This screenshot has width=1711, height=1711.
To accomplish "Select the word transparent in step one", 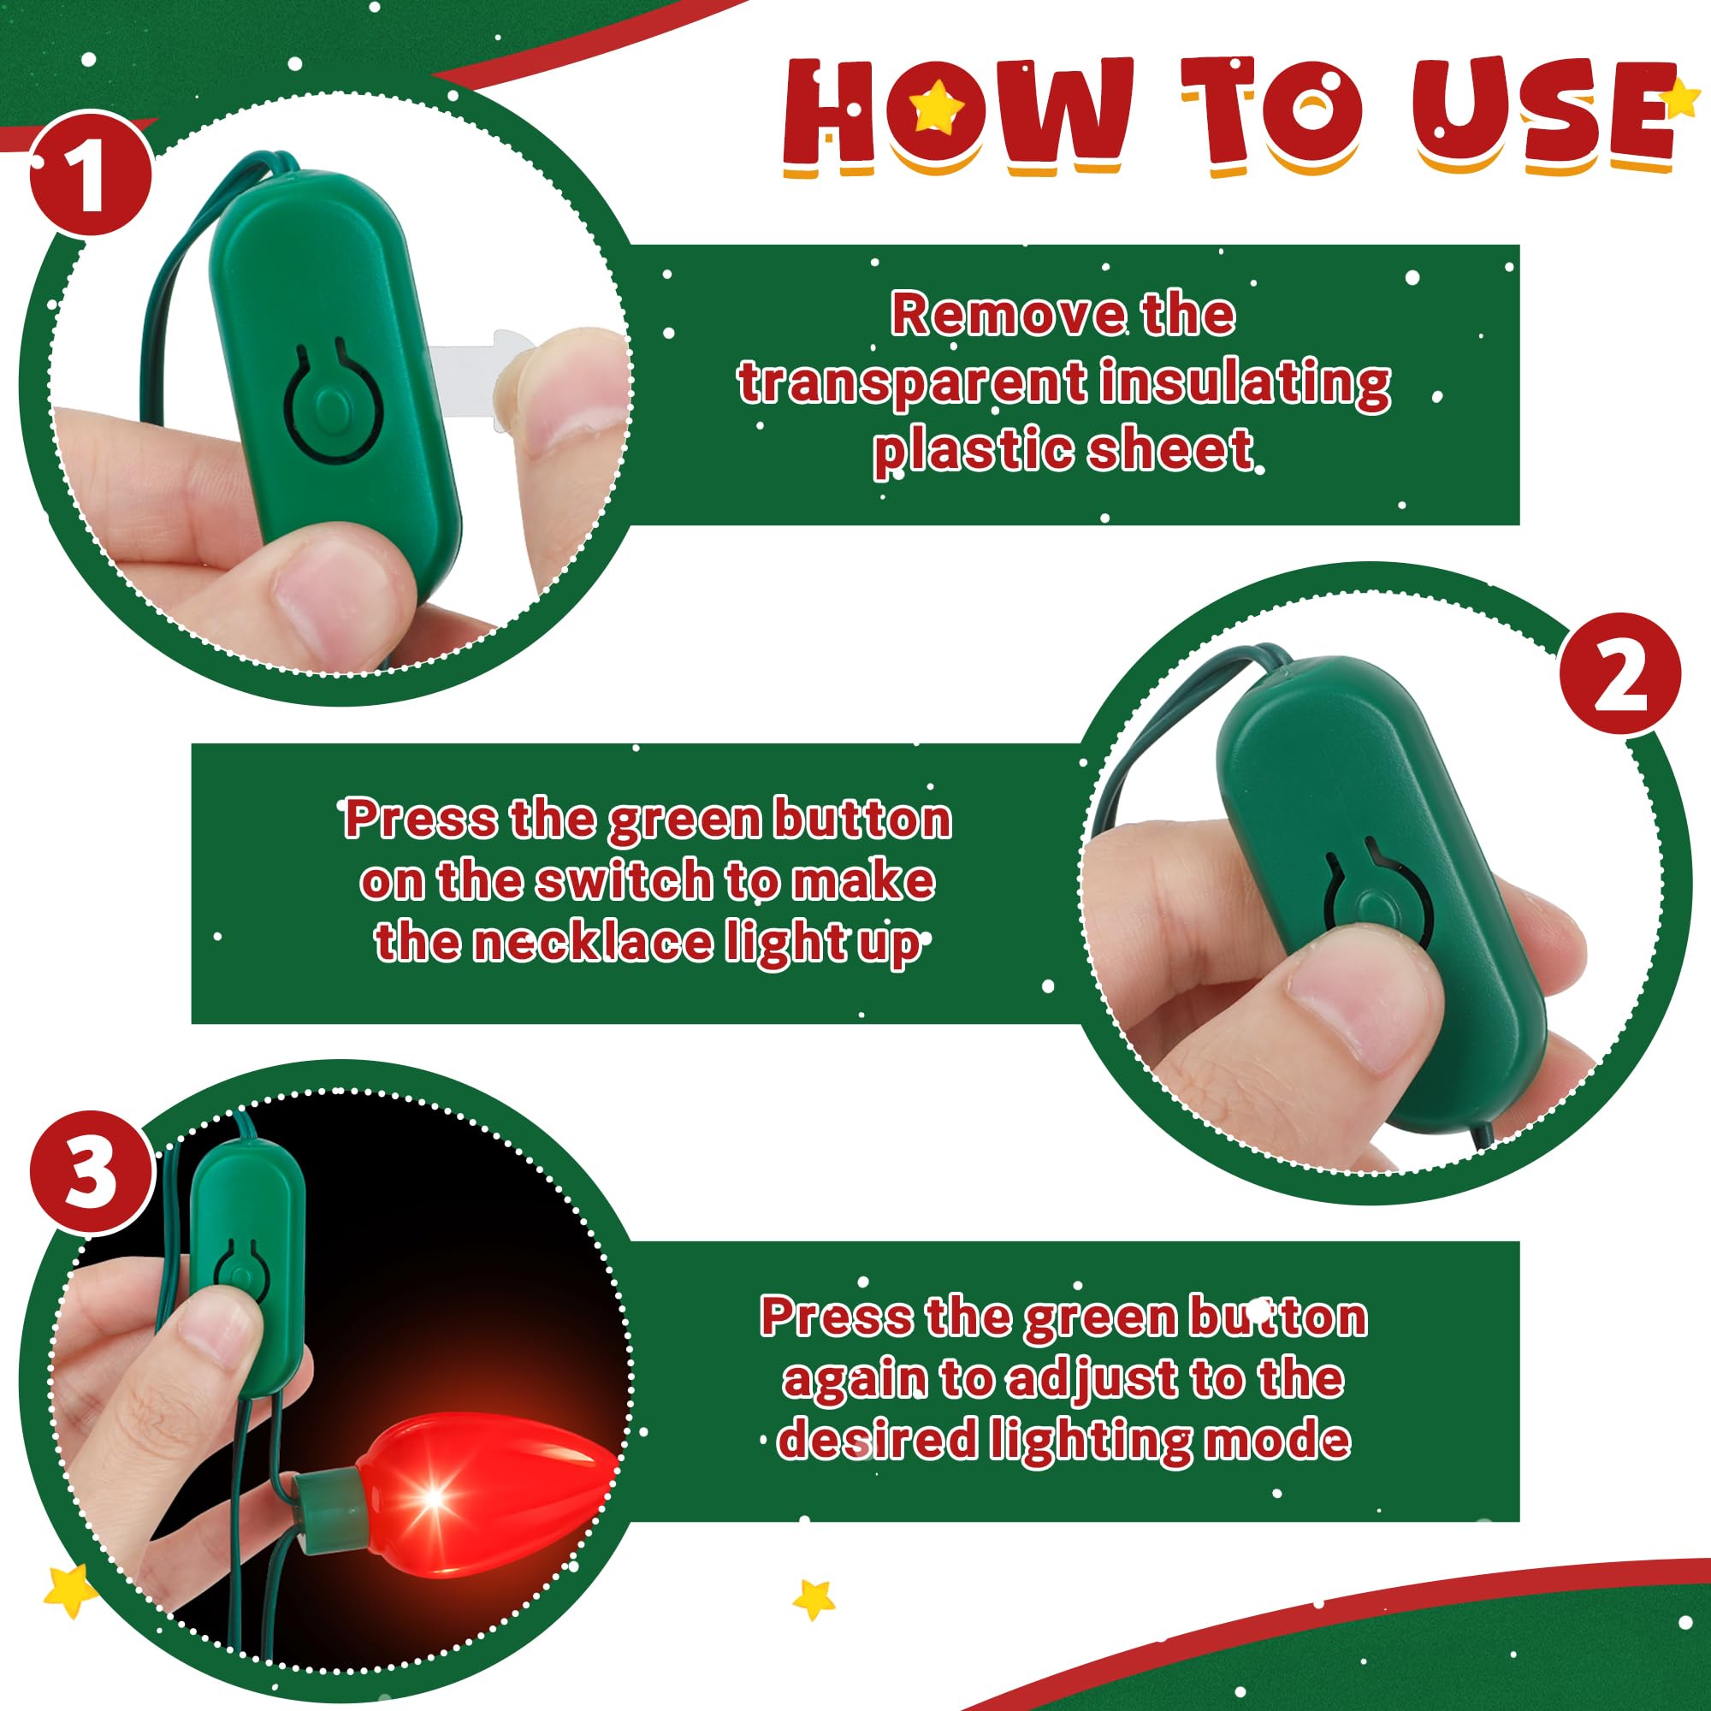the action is point(911,383).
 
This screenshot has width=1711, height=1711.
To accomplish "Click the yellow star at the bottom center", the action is point(813,1625).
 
